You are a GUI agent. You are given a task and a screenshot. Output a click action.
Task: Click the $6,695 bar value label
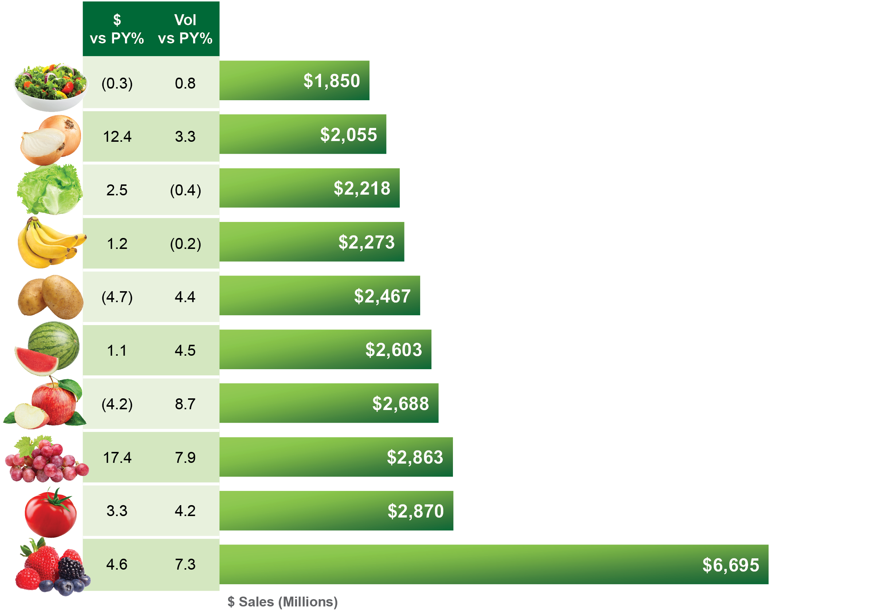pos(730,565)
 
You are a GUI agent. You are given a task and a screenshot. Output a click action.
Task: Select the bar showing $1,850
pos(294,81)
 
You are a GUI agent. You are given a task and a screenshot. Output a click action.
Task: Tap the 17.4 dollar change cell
pos(117,457)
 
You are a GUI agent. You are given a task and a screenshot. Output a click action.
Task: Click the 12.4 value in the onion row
pos(117,137)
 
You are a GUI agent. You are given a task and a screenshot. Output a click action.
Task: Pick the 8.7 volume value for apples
pos(185,404)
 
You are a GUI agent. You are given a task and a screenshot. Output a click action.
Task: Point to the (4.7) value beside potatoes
pos(117,297)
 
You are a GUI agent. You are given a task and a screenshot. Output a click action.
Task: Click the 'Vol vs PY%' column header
pos(185,29)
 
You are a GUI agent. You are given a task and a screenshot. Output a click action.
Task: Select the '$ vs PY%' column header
pos(117,29)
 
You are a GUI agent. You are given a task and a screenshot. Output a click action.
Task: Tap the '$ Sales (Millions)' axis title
pos(282,602)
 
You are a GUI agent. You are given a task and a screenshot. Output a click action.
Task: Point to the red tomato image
pos(50,514)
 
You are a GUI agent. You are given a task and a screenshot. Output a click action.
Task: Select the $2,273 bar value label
pos(366,242)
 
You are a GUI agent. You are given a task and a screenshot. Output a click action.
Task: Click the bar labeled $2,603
pos(325,349)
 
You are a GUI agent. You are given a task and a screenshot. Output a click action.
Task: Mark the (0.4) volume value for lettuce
pos(185,190)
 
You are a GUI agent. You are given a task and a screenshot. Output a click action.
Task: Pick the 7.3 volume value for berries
pos(185,564)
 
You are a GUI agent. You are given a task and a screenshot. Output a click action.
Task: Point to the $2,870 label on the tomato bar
pos(415,511)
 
